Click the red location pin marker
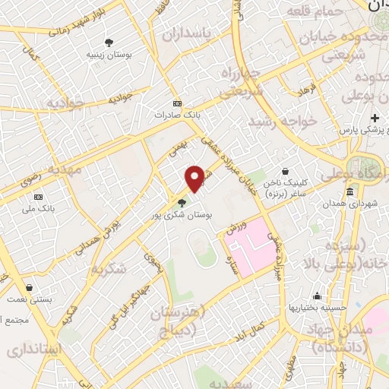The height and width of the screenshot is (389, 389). (195, 177)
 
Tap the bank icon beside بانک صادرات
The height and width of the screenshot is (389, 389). (177, 104)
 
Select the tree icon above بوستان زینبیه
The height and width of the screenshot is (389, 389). (109, 43)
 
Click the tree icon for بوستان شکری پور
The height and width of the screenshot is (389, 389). (181, 202)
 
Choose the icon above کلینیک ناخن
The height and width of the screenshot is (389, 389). (284, 172)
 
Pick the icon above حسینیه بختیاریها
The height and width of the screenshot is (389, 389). (316, 296)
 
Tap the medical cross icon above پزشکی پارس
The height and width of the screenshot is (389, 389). (374, 119)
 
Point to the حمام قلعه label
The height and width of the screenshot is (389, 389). (314, 10)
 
